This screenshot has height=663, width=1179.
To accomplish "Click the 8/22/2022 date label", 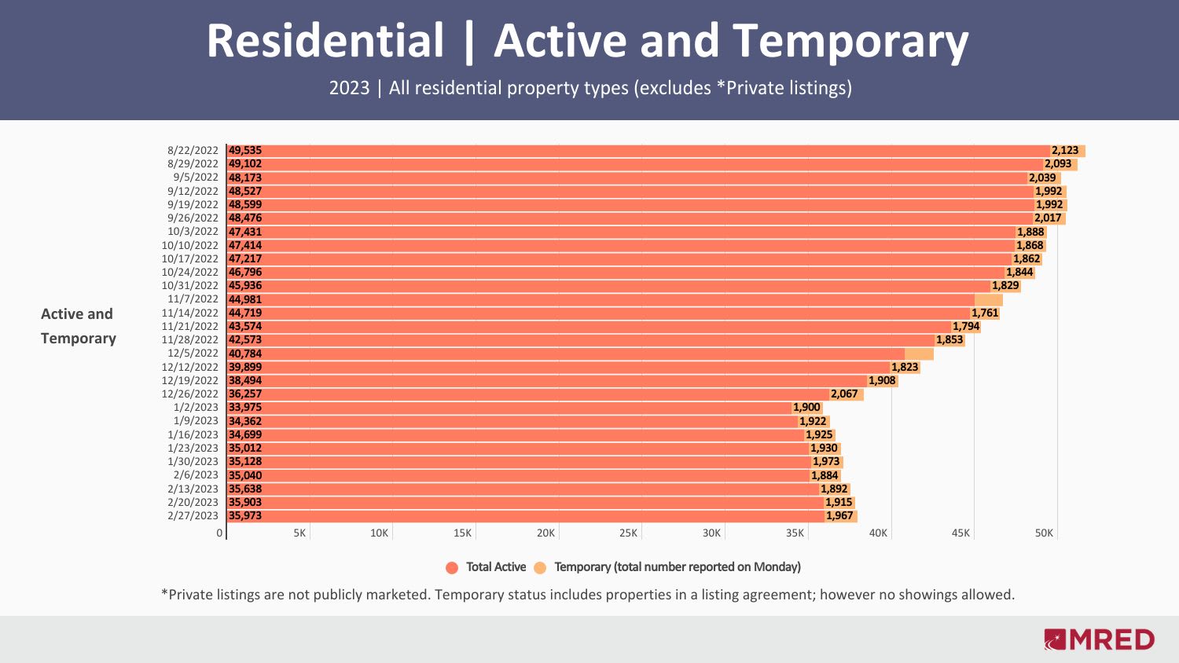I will [x=193, y=150].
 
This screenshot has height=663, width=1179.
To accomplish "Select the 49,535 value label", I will [x=245, y=150].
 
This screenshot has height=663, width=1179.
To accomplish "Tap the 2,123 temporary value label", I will [x=1065, y=150].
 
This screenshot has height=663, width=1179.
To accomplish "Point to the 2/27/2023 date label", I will [x=193, y=515].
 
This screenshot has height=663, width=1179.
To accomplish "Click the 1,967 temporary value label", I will [x=839, y=515].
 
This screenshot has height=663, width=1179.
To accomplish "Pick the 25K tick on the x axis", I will [x=628, y=533].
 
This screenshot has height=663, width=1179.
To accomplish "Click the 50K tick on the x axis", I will [x=1044, y=533].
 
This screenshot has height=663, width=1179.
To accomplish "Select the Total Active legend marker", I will [x=452, y=567].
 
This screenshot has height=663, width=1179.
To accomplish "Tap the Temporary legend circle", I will [x=540, y=567].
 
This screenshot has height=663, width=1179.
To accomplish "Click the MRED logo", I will [x=1100, y=639].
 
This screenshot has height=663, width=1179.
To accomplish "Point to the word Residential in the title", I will [x=325, y=41].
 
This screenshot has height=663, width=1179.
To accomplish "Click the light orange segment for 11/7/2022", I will [x=989, y=299].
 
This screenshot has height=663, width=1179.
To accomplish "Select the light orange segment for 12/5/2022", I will [x=919, y=353].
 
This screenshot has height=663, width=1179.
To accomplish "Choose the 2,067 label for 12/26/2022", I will [x=844, y=394].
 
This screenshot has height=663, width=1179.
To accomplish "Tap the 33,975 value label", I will [x=245, y=407].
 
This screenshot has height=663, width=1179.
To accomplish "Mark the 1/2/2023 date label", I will [x=196, y=407].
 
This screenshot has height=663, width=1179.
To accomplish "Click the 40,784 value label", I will [x=245, y=353].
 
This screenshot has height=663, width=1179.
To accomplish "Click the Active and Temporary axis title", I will [x=78, y=326].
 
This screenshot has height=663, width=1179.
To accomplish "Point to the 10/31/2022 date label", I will [x=190, y=285].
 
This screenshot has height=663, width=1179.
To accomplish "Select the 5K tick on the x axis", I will [x=299, y=533].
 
